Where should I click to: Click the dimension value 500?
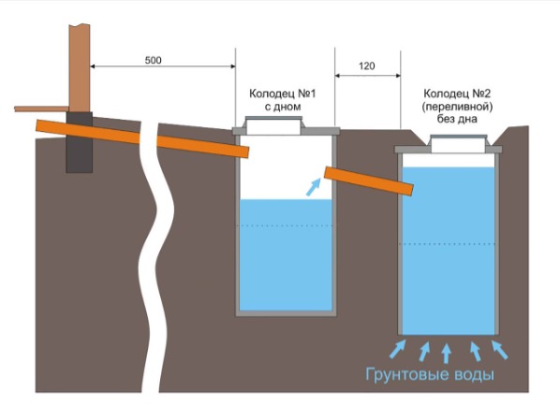click(x=153, y=60)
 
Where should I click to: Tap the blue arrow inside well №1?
click(x=312, y=188)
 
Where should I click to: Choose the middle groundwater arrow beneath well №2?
click(x=447, y=352)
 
